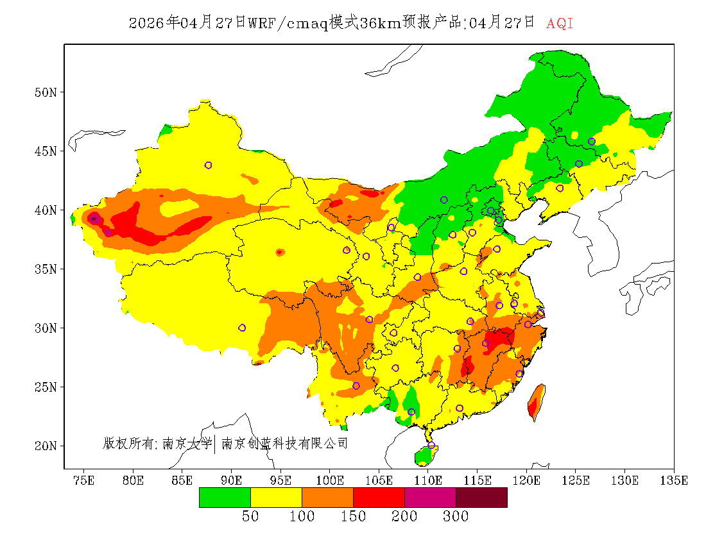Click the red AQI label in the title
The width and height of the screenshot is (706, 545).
[560, 24]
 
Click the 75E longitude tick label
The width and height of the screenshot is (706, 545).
[83, 480]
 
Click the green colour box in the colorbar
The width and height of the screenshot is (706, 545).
[225, 498]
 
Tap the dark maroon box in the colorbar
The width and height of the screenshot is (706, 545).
[481, 498]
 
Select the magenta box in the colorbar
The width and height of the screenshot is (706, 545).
[430, 498]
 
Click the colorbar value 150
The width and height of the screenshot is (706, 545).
[353, 516]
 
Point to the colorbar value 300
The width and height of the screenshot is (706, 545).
[456, 516]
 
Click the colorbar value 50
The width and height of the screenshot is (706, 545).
[250, 516]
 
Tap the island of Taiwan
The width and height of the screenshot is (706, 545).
[536, 402]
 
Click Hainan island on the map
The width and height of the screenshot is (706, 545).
[425, 455]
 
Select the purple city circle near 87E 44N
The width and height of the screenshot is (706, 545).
[208, 165]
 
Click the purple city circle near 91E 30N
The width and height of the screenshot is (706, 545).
[242, 328]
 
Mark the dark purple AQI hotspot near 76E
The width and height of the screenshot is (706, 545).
[94, 218]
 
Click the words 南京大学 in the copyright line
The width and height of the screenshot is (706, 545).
[187, 443]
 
